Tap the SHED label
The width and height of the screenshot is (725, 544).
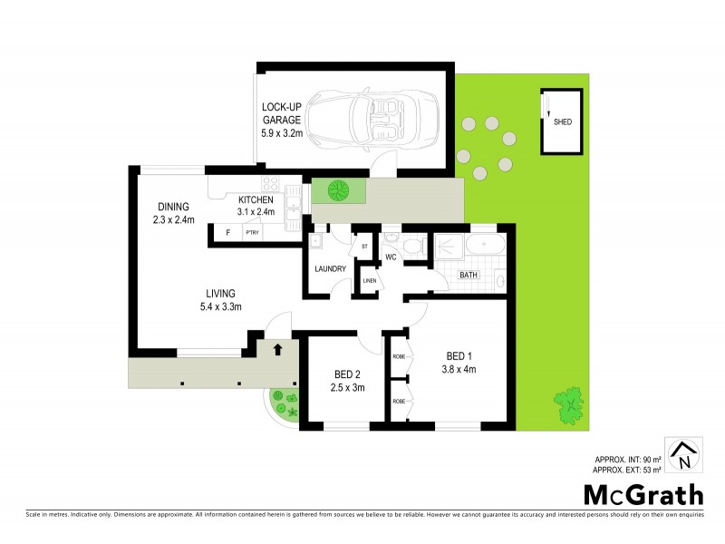click(x=563, y=122)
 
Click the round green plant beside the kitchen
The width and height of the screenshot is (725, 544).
click(x=339, y=190)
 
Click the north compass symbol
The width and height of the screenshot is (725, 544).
click(x=682, y=455)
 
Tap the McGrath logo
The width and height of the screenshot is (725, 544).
click(x=643, y=495)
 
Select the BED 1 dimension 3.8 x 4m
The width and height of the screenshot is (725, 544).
click(x=459, y=369)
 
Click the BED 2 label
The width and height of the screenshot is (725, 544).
click(x=348, y=374)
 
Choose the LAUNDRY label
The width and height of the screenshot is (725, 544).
click(x=331, y=269)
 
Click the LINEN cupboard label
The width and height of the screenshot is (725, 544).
click(x=369, y=279)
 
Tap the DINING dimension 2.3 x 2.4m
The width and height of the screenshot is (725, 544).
click(x=174, y=219)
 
